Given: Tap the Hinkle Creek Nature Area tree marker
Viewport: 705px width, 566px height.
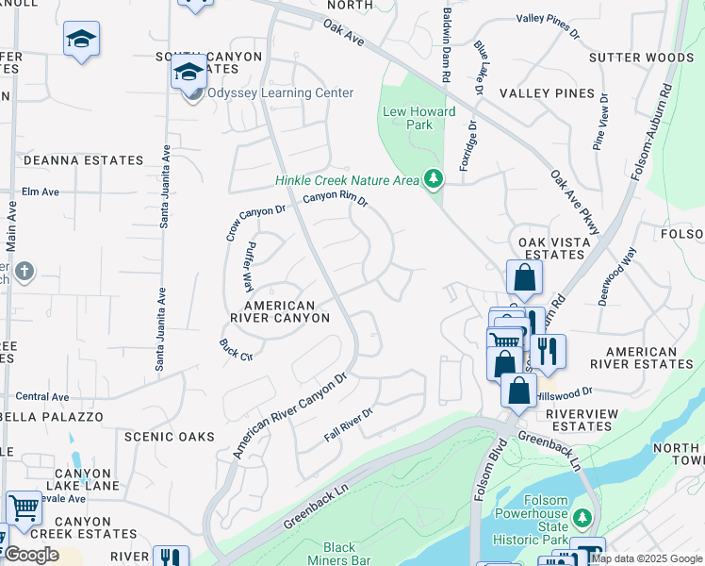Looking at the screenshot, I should [x=434, y=177].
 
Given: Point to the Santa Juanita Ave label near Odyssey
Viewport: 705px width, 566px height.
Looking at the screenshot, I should [x=164, y=187].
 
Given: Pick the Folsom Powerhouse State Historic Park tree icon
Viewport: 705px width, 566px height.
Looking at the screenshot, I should [x=582, y=518].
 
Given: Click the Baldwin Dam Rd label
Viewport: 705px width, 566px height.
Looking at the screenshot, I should [x=447, y=45].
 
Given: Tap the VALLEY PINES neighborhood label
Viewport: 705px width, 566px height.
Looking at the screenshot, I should [x=548, y=93].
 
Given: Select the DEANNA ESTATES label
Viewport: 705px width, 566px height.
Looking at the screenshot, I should [x=83, y=161].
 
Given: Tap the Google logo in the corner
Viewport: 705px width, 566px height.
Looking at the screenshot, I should [x=30, y=555].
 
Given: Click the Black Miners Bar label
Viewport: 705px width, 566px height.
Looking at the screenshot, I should [x=339, y=554].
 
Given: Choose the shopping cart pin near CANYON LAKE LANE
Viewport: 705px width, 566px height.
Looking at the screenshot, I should [x=24, y=508].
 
